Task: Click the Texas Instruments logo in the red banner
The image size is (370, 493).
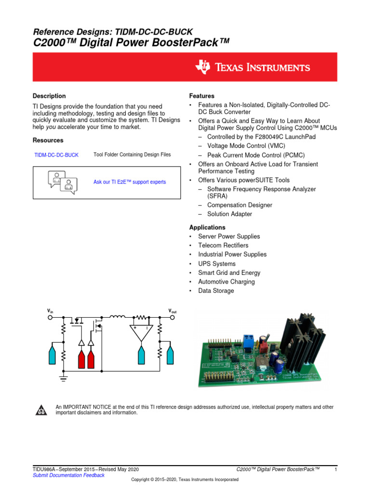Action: (252, 67)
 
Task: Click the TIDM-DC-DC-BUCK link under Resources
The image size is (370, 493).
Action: (56, 155)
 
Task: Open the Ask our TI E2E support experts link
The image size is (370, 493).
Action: (129, 182)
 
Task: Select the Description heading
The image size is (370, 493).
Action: (49, 96)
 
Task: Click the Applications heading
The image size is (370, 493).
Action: (207, 227)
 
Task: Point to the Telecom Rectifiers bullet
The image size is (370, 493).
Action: (223, 246)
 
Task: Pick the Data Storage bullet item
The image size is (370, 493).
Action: (216, 291)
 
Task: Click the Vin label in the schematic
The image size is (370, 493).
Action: (50, 311)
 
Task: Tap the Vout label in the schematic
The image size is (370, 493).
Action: (172, 311)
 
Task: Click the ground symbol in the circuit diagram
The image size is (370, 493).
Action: (63, 378)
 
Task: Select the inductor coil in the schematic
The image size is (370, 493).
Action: (118, 317)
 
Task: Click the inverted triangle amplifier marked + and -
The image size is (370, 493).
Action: (141, 333)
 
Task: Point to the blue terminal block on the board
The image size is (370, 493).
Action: (249, 340)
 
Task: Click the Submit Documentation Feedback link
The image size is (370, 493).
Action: (68, 475)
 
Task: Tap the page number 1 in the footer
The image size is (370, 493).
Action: (335, 469)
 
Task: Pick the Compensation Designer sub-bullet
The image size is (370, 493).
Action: (239, 205)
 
